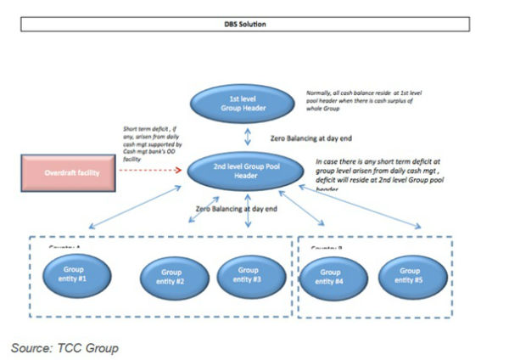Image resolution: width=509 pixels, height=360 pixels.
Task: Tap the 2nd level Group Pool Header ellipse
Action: click(x=249, y=170)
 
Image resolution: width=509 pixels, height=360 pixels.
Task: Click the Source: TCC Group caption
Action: click(x=64, y=347)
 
